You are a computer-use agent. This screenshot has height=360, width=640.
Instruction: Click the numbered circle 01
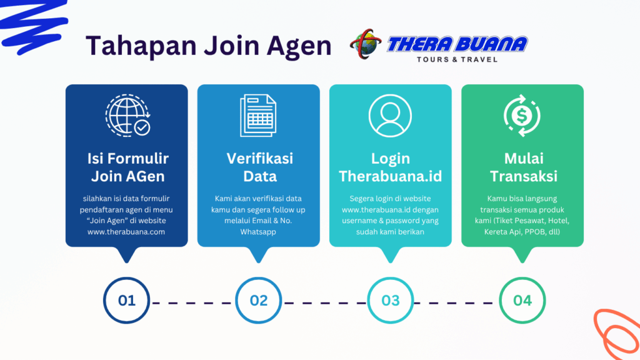pos(127,300)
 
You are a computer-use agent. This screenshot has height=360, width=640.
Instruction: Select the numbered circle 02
pos(259,300)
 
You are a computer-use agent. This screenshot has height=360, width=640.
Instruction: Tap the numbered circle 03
pos(391,300)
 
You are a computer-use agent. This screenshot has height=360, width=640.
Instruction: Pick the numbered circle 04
pos(522,300)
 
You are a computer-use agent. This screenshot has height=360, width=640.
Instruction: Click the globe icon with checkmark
pos(127,116)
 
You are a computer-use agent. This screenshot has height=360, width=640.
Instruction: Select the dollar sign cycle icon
pos(522,116)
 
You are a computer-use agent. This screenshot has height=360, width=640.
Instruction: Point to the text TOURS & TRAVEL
pos(457,60)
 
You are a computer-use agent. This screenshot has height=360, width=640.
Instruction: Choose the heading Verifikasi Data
pos(259,167)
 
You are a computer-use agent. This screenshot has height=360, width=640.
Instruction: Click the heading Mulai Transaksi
pos(522,167)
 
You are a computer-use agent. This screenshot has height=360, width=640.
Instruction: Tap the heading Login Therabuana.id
pos(390,167)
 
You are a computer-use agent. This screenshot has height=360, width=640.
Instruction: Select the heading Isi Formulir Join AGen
pos(127,167)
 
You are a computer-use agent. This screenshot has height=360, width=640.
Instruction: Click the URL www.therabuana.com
pos(126,232)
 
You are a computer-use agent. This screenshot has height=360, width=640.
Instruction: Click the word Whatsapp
pos(258,232)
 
